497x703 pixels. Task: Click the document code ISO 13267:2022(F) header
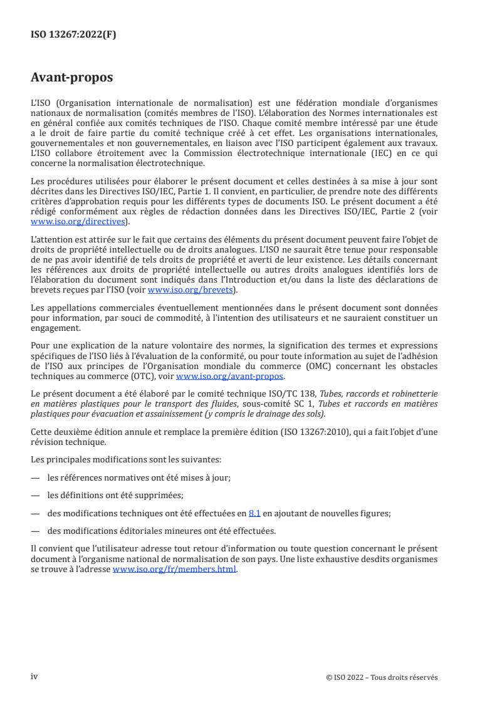[x=73, y=35]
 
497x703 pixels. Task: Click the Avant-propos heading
[x=72, y=79]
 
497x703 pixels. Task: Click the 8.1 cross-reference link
[x=254, y=513]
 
